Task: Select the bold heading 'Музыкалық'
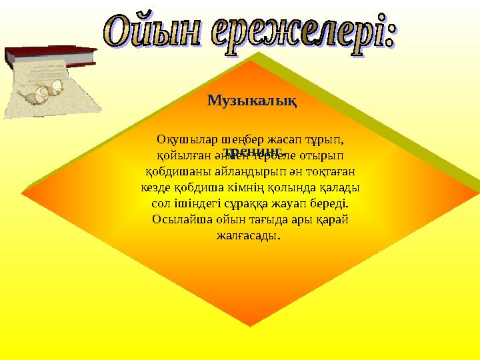click(252, 101)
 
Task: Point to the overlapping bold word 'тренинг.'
click(251, 152)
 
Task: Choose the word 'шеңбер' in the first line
click(231, 140)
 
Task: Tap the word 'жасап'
click(281, 140)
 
